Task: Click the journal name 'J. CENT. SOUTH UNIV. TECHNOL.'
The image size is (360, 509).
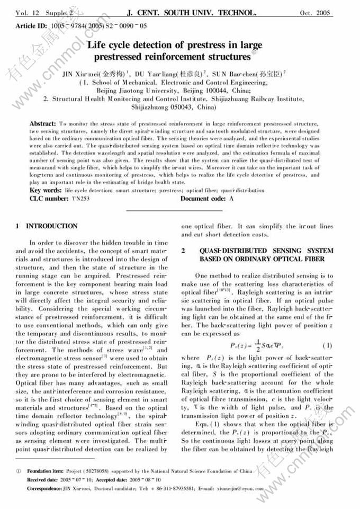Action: tap(184, 11)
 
